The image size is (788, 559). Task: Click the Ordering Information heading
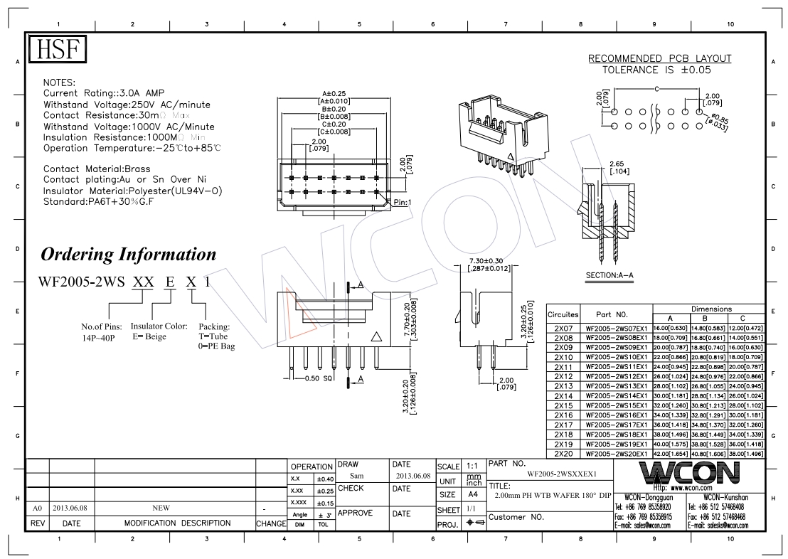128,254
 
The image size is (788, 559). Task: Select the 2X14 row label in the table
563,395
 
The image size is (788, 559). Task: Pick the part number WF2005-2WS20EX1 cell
616,454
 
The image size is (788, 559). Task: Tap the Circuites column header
563,314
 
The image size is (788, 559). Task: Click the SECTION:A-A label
609,275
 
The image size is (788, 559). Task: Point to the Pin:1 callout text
403,203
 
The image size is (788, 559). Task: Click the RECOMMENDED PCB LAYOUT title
659,58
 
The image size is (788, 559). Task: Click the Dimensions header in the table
710,309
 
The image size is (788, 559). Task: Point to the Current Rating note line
104,93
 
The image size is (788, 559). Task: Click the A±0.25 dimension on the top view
333,93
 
